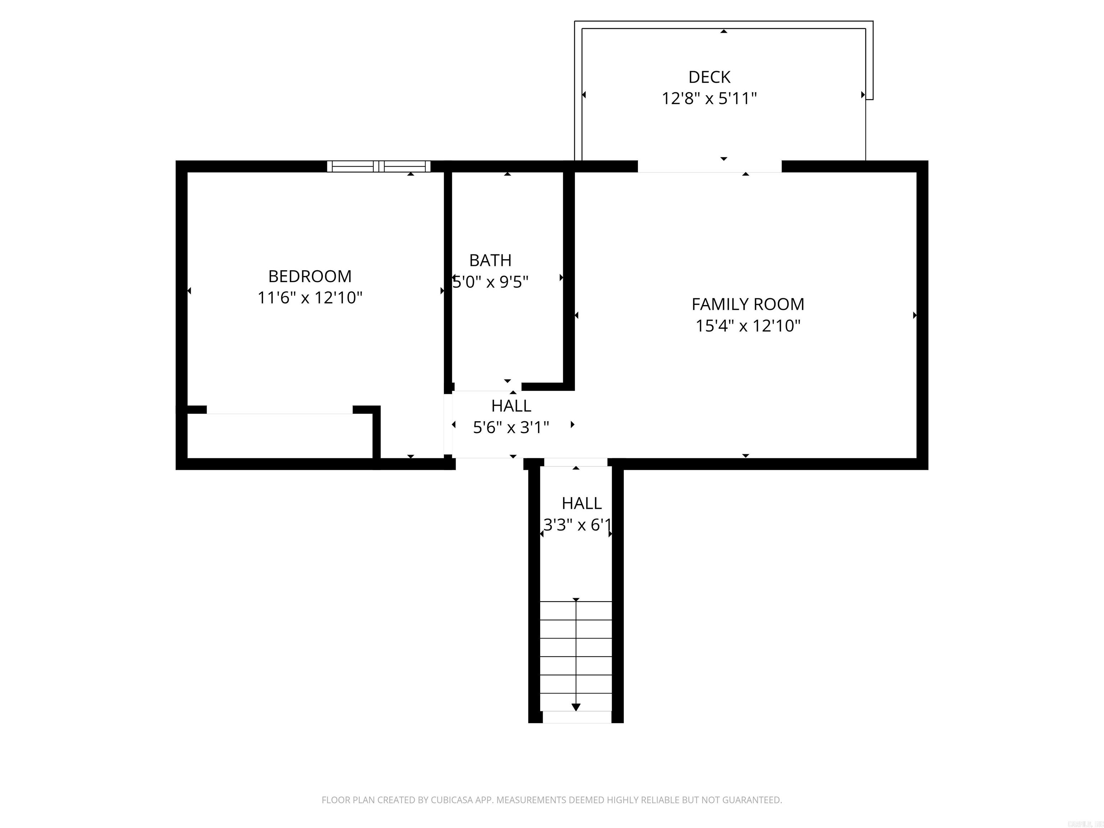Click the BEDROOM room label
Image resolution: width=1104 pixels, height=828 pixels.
click(x=309, y=276)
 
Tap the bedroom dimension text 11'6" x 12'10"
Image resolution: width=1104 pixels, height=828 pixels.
click(x=309, y=298)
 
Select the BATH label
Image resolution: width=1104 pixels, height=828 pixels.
click(x=490, y=260)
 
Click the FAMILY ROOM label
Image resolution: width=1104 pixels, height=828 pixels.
click(x=747, y=304)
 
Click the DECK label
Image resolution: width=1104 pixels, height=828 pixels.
click(x=709, y=77)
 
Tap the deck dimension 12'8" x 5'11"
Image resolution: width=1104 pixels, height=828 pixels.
click(x=709, y=98)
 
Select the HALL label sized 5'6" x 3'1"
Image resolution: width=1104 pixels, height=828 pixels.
click(x=511, y=406)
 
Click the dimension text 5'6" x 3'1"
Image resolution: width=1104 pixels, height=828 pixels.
click(x=511, y=427)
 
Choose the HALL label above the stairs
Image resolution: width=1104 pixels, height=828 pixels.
click(x=581, y=503)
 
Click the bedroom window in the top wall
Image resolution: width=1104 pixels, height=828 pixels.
click(x=379, y=166)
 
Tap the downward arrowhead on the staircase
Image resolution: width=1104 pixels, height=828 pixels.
click(x=576, y=707)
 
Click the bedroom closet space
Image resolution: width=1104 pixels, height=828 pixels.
click(x=280, y=436)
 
